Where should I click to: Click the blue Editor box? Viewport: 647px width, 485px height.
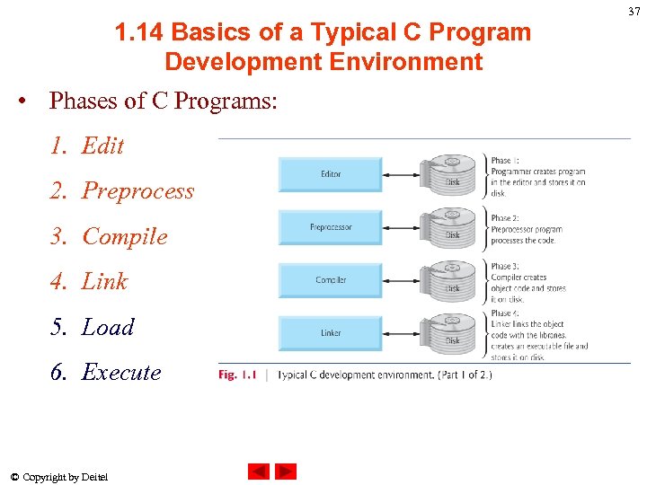tap(331, 174)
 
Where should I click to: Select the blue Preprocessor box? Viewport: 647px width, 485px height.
tap(331, 227)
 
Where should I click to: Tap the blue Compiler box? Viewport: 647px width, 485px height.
tap(331, 280)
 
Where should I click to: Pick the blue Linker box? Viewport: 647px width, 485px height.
tap(331, 332)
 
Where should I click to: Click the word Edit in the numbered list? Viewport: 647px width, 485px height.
tap(102, 145)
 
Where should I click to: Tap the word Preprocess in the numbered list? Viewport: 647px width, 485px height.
tap(137, 191)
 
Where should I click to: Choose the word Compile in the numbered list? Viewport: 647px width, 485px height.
tap(125, 236)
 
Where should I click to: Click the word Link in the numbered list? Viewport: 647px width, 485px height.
tap(105, 282)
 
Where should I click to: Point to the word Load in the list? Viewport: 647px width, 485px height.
tap(108, 327)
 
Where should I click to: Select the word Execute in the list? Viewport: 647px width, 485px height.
tap(121, 372)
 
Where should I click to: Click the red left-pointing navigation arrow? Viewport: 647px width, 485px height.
tap(259, 472)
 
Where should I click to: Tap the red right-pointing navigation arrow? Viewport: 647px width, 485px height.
tap(286, 472)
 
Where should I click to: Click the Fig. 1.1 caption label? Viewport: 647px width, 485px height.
tap(238, 375)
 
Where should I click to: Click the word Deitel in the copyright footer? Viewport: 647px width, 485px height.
tap(94, 477)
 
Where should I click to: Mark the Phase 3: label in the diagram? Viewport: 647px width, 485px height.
tap(504, 267)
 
